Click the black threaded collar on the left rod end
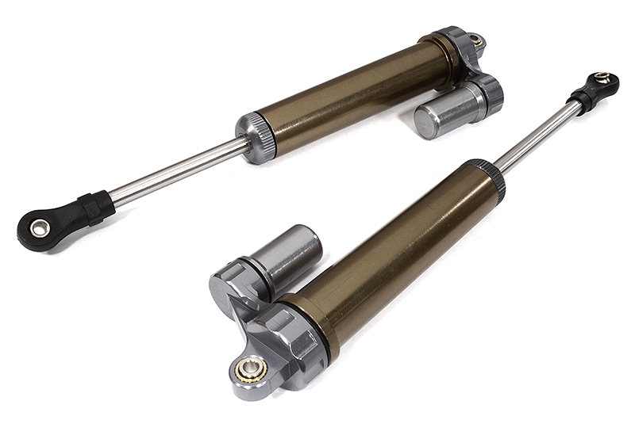tap(95, 208)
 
